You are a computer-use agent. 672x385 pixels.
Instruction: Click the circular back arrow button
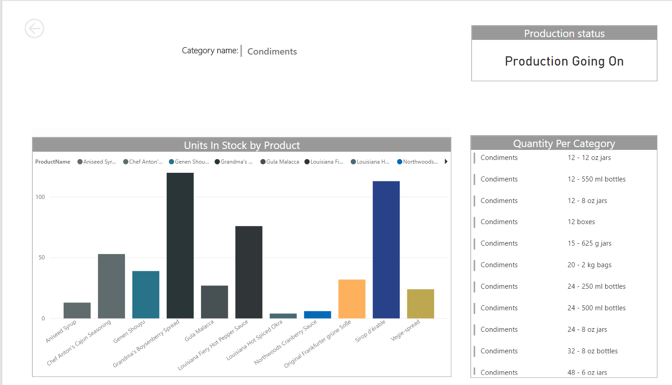pyautogui.click(x=34, y=28)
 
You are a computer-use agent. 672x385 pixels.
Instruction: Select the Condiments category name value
pyautogui.click(x=272, y=51)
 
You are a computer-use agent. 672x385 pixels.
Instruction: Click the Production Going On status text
pyautogui.click(x=564, y=61)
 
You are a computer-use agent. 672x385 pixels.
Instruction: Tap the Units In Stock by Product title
pyautogui.click(x=241, y=145)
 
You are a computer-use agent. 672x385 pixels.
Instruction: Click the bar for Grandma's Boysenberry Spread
pyautogui.click(x=180, y=245)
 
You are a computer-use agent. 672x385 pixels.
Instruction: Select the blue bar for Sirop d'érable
pyautogui.click(x=386, y=249)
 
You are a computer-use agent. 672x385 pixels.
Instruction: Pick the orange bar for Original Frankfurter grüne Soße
pyautogui.click(x=352, y=299)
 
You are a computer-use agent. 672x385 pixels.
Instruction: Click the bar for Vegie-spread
pyautogui.click(x=421, y=303)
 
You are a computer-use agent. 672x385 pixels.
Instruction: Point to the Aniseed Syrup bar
pyautogui.click(x=77, y=310)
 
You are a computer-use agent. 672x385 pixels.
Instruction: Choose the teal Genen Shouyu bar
pyautogui.click(x=146, y=294)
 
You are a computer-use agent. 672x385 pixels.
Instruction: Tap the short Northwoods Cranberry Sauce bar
pyautogui.click(x=317, y=314)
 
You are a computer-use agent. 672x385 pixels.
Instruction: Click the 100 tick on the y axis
pyautogui.click(x=40, y=197)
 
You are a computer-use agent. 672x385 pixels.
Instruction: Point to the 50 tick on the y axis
pyautogui.click(x=42, y=258)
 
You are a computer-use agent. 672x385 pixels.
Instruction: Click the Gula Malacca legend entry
pyautogui.click(x=280, y=162)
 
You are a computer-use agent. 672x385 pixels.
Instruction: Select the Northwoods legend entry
pyautogui.click(x=418, y=162)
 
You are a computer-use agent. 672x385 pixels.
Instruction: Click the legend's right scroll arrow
pyautogui.click(x=446, y=162)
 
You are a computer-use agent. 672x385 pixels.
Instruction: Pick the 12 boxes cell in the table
pyautogui.click(x=581, y=222)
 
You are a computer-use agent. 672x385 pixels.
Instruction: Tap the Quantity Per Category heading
pyautogui.click(x=564, y=143)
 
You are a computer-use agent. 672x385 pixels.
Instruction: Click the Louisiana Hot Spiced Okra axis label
pyautogui.click(x=255, y=340)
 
